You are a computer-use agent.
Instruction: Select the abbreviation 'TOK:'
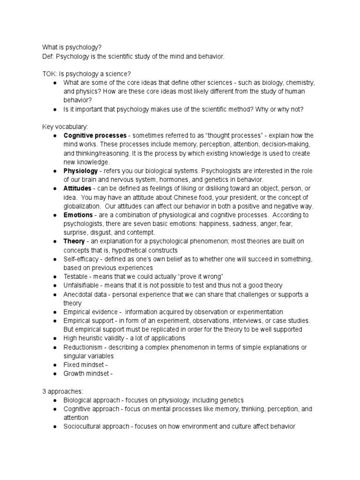pos(49,74)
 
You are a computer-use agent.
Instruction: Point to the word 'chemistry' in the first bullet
pos(300,83)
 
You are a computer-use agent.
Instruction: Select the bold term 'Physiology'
pos(81,171)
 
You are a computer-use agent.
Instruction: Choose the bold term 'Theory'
pos(74,241)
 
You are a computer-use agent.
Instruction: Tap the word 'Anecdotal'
pos(79,294)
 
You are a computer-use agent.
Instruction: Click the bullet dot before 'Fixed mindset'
pos(55,365)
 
